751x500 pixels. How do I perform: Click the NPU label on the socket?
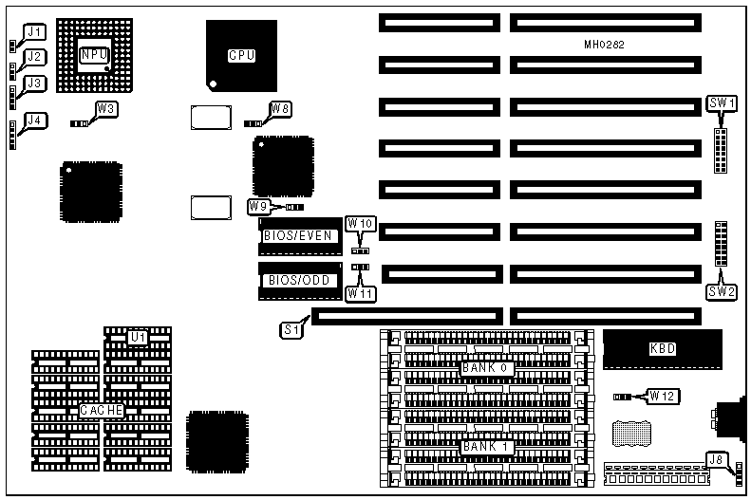[x=93, y=55]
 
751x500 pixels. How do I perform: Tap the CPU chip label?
[x=241, y=55]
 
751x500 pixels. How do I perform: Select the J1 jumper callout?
[x=34, y=31]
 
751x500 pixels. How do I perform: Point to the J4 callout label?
[x=34, y=120]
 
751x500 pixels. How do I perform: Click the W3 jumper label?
[x=107, y=109]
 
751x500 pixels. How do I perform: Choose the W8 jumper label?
[x=279, y=109]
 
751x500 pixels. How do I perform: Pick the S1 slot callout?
[x=292, y=330]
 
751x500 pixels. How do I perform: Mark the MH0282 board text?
[x=604, y=45]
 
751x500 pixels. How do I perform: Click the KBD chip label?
[x=662, y=349]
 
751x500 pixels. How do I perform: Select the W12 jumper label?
[x=662, y=395]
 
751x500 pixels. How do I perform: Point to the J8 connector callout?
[x=716, y=462]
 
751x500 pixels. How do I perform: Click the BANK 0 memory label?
[x=487, y=367]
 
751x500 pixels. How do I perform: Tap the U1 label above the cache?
[x=139, y=337]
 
